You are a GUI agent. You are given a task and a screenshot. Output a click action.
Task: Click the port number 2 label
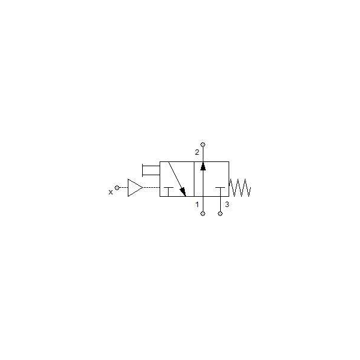[197, 152]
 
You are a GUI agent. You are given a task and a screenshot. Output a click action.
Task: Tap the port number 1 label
[197, 205]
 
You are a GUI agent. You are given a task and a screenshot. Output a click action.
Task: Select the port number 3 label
[227, 205]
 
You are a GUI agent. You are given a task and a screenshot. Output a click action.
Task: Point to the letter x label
[110, 192]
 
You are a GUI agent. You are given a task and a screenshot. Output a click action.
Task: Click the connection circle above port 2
[203, 145]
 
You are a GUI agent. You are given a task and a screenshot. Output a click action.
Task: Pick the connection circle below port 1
[203, 214]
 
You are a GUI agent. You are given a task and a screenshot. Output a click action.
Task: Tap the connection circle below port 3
[220, 214]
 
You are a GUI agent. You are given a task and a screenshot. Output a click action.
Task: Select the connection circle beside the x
[117, 188]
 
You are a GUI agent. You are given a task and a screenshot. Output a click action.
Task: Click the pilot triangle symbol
[135, 188]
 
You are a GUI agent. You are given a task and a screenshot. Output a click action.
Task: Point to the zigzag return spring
[240, 188]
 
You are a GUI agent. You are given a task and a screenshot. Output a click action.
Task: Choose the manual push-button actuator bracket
[151, 170]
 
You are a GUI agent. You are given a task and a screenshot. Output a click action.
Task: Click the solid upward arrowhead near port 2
[203, 166]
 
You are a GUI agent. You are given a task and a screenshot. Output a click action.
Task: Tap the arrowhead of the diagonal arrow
[183, 192]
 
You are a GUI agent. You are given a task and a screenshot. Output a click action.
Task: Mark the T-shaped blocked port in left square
[169, 192]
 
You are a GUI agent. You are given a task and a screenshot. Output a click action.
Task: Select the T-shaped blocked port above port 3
[220, 192]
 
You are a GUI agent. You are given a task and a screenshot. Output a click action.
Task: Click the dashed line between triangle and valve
[152, 188]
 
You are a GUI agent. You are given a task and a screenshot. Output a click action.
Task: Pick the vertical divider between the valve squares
[194, 179]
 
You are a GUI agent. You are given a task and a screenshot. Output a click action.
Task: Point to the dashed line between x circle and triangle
[124, 188]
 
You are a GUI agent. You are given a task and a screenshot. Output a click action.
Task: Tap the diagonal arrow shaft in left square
[177, 179]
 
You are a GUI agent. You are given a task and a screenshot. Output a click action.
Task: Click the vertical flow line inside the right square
[203, 179]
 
